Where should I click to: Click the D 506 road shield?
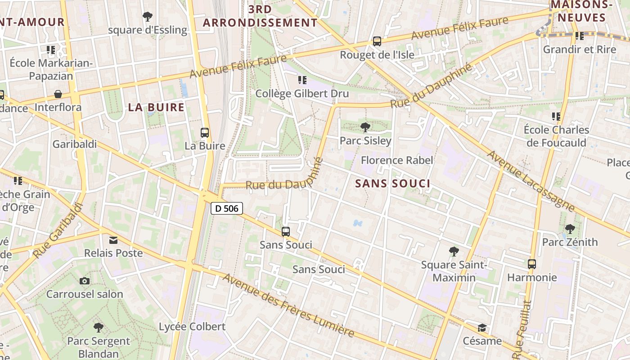(227, 208)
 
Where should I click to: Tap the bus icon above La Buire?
(205, 133)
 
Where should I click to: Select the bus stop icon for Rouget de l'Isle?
(377, 41)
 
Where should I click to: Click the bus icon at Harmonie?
(532, 264)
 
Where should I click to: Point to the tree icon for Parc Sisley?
(365, 127)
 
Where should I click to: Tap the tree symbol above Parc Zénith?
(570, 229)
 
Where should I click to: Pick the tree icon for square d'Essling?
(147, 17)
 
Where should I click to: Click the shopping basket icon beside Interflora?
(58, 94)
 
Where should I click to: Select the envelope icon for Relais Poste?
(113, 240)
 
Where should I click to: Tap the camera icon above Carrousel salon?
(84, 281)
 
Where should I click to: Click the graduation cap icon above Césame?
(482, 328)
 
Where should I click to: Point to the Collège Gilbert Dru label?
(302, 94)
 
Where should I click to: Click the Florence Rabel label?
(397, 160)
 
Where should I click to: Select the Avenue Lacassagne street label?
(531, 181)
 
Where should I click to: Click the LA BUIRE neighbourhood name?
(156, 107)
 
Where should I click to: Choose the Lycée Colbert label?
(192, 327)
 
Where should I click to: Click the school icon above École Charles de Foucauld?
(556, 117)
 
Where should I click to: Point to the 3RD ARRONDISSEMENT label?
(260, 16)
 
